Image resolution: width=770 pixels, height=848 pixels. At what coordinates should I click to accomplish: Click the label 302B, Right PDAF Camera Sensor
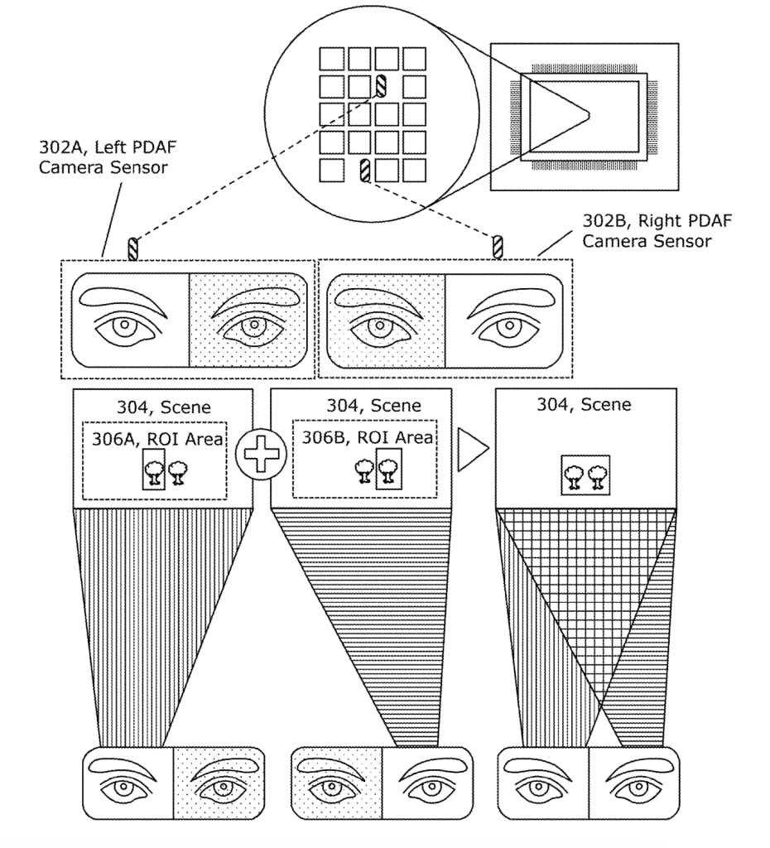[645, 230]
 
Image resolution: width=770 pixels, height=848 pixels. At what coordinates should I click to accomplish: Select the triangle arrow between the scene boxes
[473, 448]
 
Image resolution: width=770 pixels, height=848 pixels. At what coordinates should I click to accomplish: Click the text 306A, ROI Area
[156, 438]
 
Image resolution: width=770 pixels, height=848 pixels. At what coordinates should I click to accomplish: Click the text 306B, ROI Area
[367, 437]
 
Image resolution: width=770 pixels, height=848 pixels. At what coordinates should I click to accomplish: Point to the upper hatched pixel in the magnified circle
[382, 84]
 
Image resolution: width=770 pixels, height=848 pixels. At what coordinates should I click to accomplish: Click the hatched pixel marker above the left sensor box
[132, 248]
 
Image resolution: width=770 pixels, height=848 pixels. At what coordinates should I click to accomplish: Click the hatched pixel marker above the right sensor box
[498, 247]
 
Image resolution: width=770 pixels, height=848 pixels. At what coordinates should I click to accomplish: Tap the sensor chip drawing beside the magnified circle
[585, 117]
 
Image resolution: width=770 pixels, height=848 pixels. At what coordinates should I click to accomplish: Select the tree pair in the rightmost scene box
[585, 475]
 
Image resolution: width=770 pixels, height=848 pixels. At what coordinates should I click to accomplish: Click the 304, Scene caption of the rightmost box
[584, 405]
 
